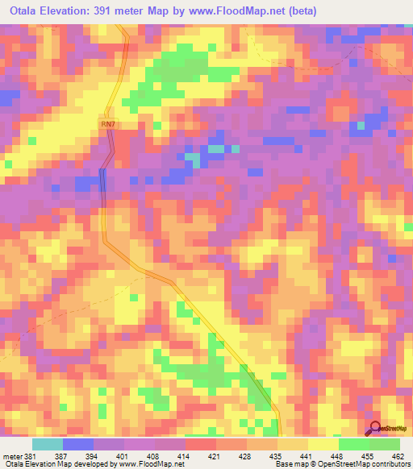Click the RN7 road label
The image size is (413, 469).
point(109,123)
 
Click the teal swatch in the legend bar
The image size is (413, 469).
point(48,444)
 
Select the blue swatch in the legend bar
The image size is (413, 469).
point(78,444)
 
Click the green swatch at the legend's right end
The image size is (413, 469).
point(384,444)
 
